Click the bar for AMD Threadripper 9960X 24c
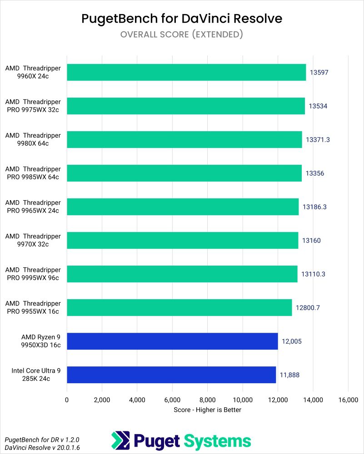click(x=186, y=72)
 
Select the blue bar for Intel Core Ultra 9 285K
click(x=171, y=375)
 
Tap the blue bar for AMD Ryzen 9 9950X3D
click(x=172, y=341)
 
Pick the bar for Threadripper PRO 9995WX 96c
click(x=182, y=274)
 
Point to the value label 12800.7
click(x=308, y=307)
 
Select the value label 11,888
click(x=290, y=375)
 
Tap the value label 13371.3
click(x=317, y=139)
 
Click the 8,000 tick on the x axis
click(x=207, y=400)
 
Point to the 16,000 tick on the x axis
click(x=348, y=400)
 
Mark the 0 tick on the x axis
click(x=67, y=400)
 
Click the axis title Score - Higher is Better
click(x=207, y=410)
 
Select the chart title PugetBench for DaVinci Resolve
click(x=182, y=19)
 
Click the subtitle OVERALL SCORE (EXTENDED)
click(x=182, y=35)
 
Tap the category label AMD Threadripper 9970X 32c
click(x=33, y=240)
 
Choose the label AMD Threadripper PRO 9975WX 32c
click(x=33, y=106)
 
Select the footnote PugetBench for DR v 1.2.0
click(x=31, y=440)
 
